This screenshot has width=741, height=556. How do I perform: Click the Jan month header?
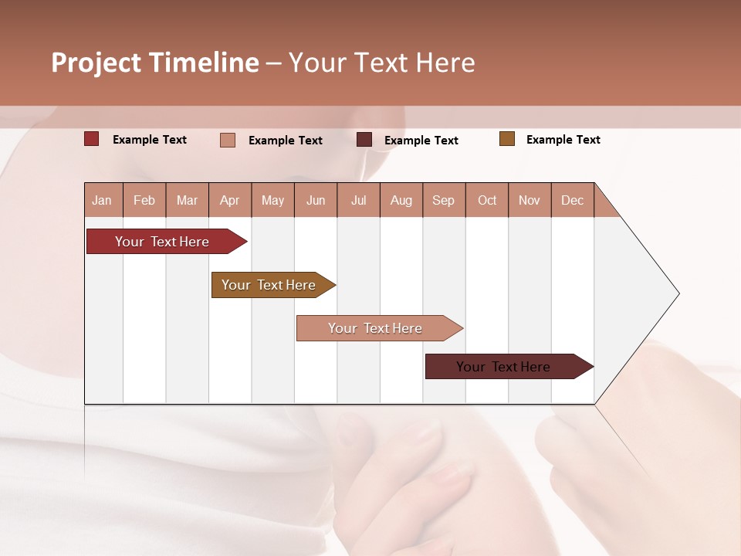click(102, 200)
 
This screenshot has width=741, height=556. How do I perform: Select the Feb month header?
click(144, 200)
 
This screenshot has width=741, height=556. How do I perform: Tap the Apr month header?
click(230, 200)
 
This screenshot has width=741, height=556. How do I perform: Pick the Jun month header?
click(316, 200)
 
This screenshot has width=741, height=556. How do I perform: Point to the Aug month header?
click(401, 200)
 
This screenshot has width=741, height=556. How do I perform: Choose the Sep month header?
click(444, 200)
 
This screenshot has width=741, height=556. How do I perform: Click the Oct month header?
click(487, 200)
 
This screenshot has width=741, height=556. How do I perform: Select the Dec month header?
click(573, 200)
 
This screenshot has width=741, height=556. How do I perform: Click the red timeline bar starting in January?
click(163, 242)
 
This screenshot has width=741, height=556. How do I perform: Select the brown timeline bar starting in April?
click(269, 285)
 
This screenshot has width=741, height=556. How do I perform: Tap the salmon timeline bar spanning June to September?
click(376, 328)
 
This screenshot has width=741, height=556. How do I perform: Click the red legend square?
click(92, 139)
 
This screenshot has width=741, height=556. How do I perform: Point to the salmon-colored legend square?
click(228, 140)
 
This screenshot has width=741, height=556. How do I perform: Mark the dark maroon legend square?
click(364, 139)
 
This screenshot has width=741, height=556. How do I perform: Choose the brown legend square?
click(507, 139)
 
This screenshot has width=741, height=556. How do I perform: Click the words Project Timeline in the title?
click(155, 63)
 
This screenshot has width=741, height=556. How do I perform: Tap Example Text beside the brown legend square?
click(563, 140)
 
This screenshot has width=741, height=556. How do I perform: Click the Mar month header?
click(188, 200)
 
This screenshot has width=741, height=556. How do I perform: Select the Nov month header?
click(530, 200)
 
